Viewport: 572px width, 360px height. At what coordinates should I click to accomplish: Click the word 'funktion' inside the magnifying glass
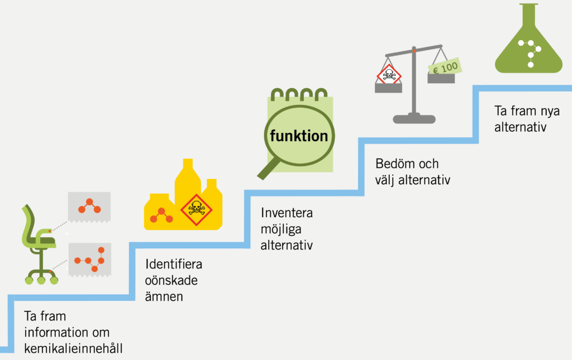299,136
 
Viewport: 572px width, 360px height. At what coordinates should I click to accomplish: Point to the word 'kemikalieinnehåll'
73,348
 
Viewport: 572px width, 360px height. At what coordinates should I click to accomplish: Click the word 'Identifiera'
174,264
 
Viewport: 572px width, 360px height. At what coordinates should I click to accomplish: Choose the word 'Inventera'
287,213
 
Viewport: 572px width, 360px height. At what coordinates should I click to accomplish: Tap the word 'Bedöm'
395,164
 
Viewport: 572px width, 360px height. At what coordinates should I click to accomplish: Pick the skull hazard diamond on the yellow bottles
196,209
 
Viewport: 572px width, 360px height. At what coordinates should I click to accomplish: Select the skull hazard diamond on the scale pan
389,75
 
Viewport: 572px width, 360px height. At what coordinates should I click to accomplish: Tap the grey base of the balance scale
414,118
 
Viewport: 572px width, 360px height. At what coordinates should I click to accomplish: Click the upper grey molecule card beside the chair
89,207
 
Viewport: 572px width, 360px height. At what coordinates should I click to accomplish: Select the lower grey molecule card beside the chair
90,260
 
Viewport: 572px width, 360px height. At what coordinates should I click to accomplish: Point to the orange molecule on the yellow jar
161,215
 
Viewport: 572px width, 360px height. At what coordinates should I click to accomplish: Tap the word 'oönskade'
171,280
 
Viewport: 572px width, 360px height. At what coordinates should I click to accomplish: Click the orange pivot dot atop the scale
414,51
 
